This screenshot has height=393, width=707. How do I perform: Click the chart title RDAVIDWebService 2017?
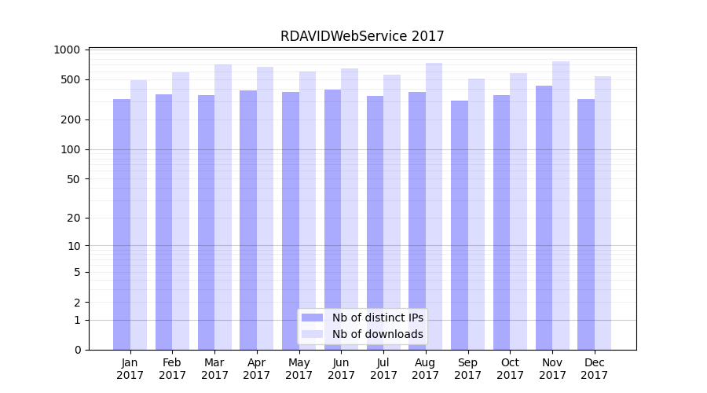pos(362,36)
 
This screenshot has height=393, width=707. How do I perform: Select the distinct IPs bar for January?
pos(122,224)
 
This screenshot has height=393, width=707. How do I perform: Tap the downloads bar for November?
pos(561,205)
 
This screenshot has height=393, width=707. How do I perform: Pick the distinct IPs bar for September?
pos(460,225)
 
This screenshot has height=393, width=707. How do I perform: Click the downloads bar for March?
pos(223,207)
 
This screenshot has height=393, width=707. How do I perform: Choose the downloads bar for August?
pos(434,206)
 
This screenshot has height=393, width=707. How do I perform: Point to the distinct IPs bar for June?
pos(332,219)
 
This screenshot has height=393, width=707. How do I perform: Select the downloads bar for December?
pos(603,213)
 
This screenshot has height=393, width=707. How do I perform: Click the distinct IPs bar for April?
pos(248,220)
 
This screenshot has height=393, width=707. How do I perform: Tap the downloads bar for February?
pos(181,211)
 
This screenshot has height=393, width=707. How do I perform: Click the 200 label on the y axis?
pos(71,119)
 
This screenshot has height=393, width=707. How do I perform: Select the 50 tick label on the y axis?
pos(74,178)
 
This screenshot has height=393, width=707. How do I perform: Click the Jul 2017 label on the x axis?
pos(383,369)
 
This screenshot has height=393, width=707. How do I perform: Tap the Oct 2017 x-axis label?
pos(510,369)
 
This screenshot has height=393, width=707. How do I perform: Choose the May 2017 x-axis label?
pos(299,369)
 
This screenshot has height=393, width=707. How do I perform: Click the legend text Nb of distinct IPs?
pos(377,318)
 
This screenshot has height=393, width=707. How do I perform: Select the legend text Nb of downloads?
pos(377,334)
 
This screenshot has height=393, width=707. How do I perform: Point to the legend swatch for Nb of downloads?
pos(313,334)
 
